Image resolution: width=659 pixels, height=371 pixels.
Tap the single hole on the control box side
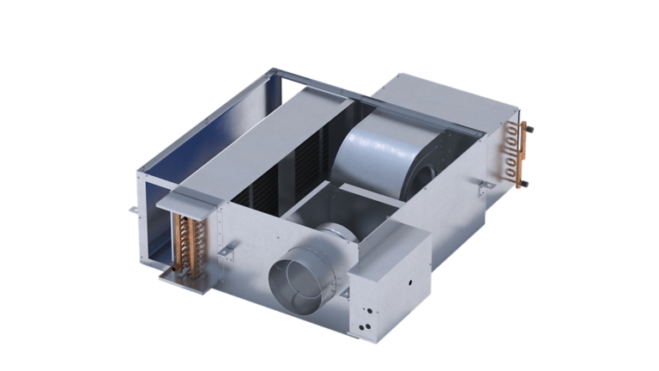pos(410,280)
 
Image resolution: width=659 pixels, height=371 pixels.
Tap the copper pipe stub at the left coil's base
pos(166,274)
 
